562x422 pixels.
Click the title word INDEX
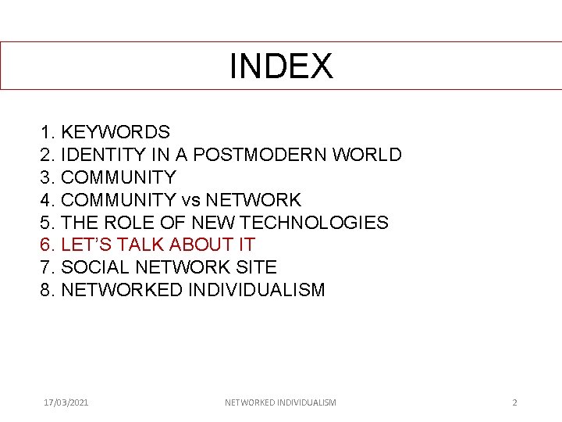[281, 66]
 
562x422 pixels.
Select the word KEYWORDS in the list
[116, 132]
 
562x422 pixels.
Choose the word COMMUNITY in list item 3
[119, 177]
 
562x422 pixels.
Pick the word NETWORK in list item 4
[253, 200]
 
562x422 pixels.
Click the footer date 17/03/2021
[66, 402]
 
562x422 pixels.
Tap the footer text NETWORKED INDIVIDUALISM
[280, 402]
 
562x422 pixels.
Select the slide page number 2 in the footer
[514, 402]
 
